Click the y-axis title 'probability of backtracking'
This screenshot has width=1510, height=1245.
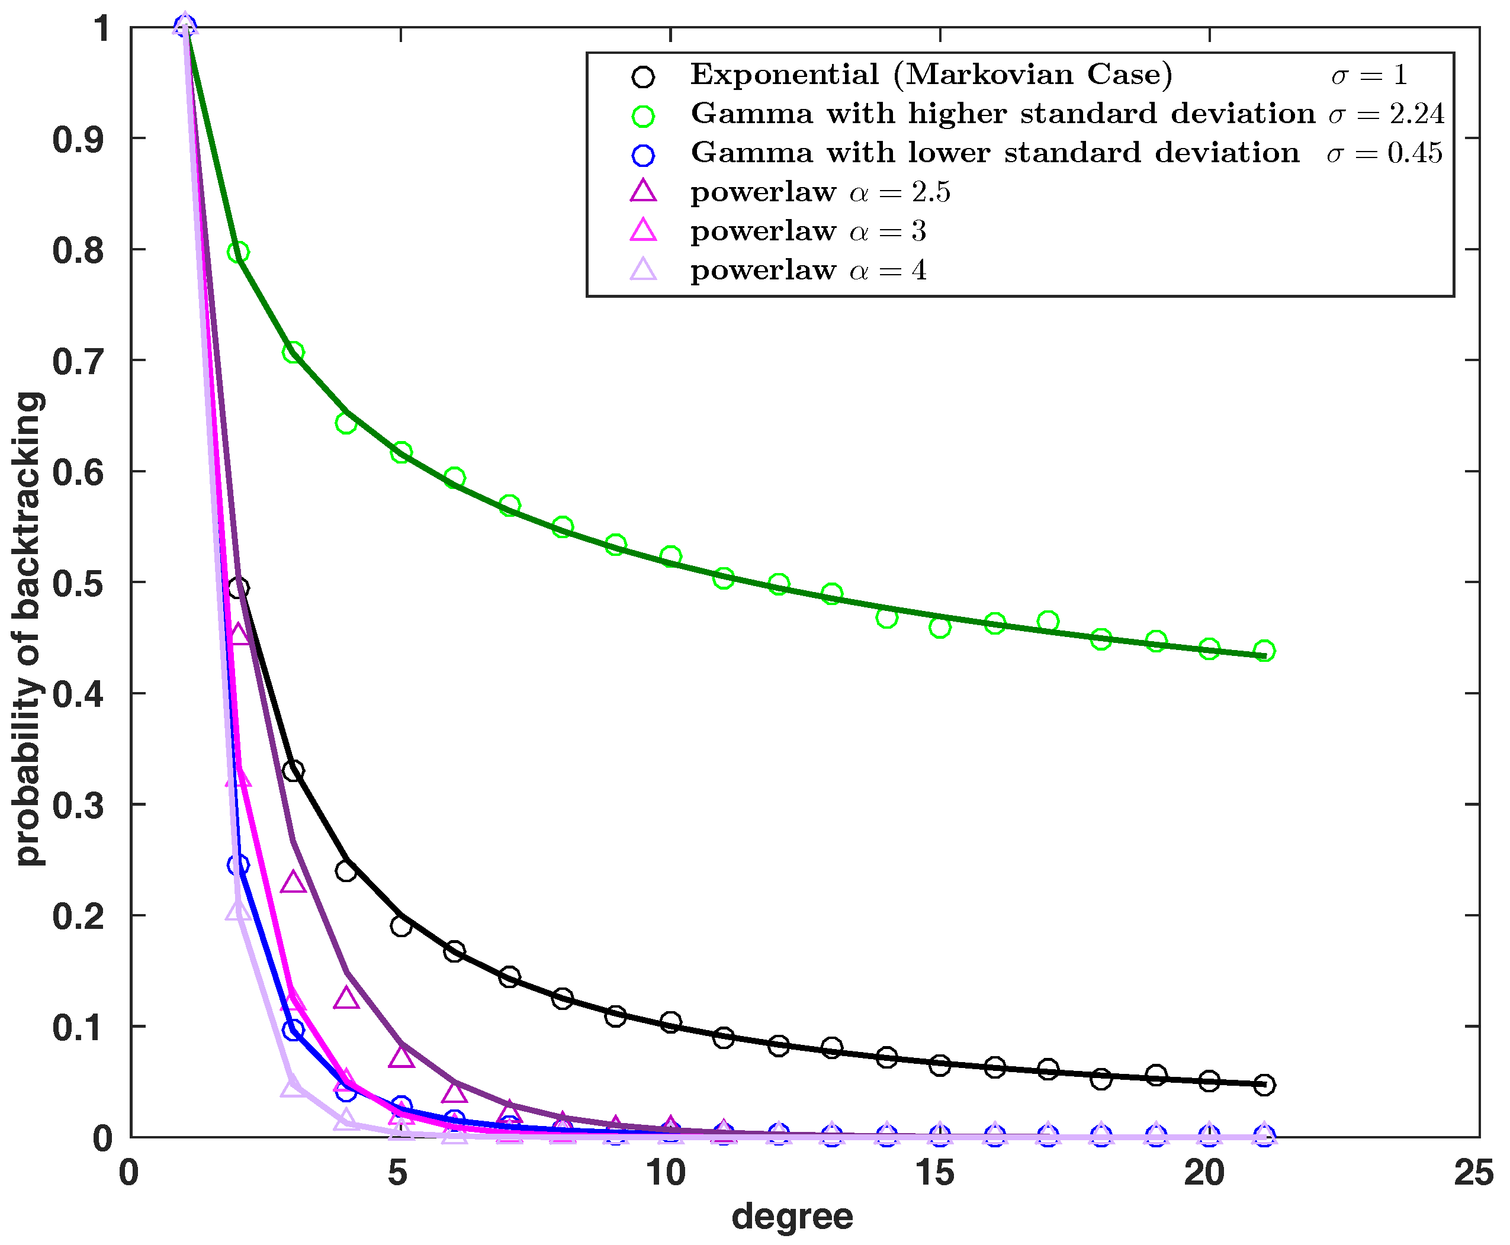tap(28, 628)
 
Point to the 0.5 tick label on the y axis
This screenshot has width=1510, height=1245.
tap(82, 583)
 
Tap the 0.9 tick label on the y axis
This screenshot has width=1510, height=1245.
tap(82, 139)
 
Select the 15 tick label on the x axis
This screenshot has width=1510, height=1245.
tap(936, 1174)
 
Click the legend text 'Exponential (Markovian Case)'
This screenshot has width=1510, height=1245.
tap(931, 75)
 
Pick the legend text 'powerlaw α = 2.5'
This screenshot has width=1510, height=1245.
tap(820, 192)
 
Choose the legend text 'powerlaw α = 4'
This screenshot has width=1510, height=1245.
tap(808, 271)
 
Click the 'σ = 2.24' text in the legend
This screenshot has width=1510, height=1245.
tap(1386, 114)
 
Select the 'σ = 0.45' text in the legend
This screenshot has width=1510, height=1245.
tap(1384, 153)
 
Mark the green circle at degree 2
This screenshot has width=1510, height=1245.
tap(238, 252)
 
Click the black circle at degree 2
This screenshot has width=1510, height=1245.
tap(238, 588)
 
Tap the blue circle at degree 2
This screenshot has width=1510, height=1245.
tap(238, 865)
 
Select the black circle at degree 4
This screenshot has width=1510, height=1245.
tap(346, 871)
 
